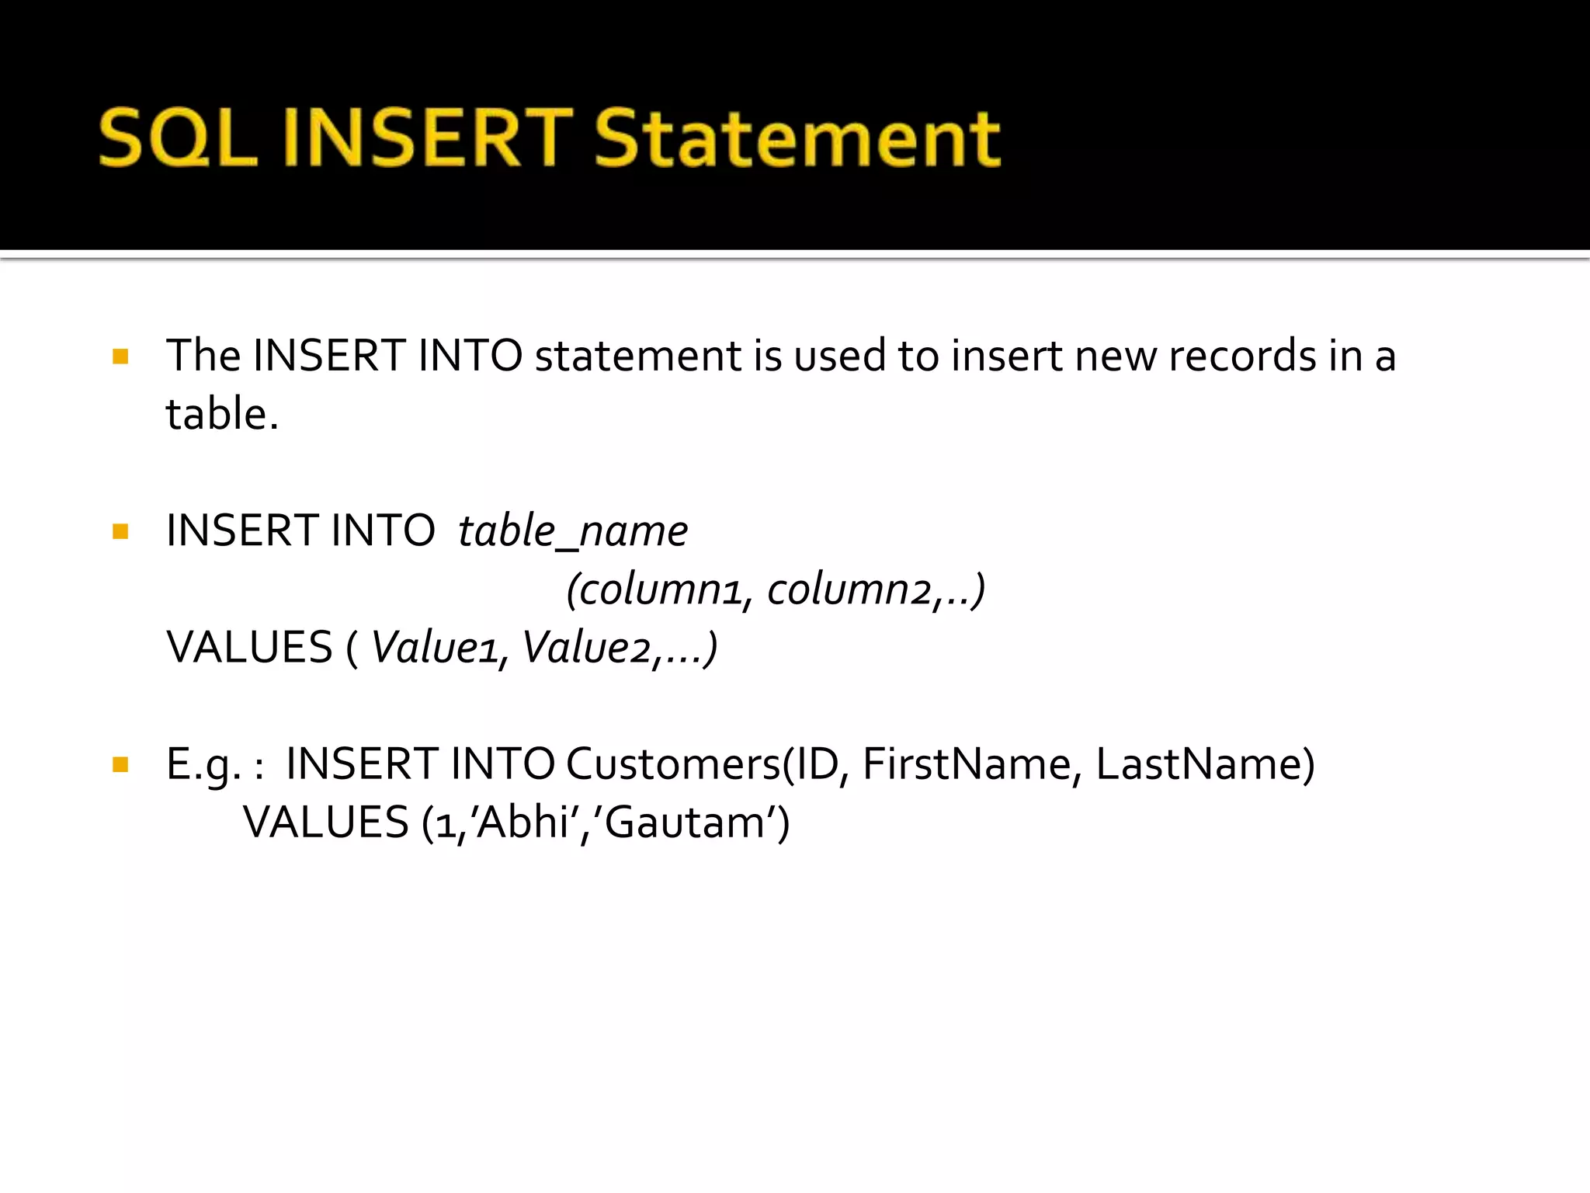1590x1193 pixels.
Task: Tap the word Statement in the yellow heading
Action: tap(798, 138)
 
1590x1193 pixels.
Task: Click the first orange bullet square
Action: tap(120, 357)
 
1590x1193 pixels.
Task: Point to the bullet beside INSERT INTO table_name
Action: tap(120, 532)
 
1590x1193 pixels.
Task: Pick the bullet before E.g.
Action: tap(120, 765)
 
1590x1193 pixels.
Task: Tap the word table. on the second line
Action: tap(222, 414)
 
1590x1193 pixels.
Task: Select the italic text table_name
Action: tap(573, 532)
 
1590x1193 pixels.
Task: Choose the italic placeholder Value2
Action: tap(587, 648)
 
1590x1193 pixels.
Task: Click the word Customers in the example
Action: tap(673, 764)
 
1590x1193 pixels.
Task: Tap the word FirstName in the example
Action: tap(966, 764)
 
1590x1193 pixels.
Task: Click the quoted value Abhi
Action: tap(523, 823)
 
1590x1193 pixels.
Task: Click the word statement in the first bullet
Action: tap(637, 357)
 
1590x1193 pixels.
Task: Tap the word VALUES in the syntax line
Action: tap(249, 648)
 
